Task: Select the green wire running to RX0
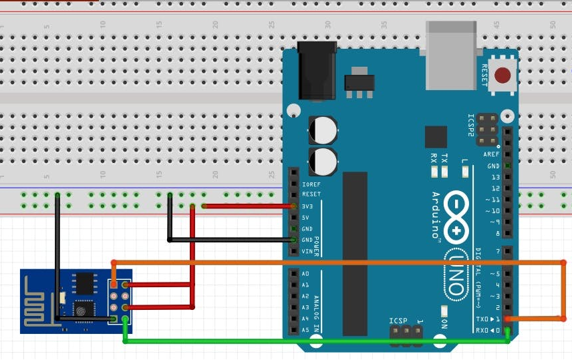coord(314,342)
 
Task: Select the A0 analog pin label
coord(305,274)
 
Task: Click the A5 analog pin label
coord(305,330)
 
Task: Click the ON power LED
coord(444,311)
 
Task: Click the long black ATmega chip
coord(355,253)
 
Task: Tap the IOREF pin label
coord(311,184)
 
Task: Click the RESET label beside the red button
coord(485,75)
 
